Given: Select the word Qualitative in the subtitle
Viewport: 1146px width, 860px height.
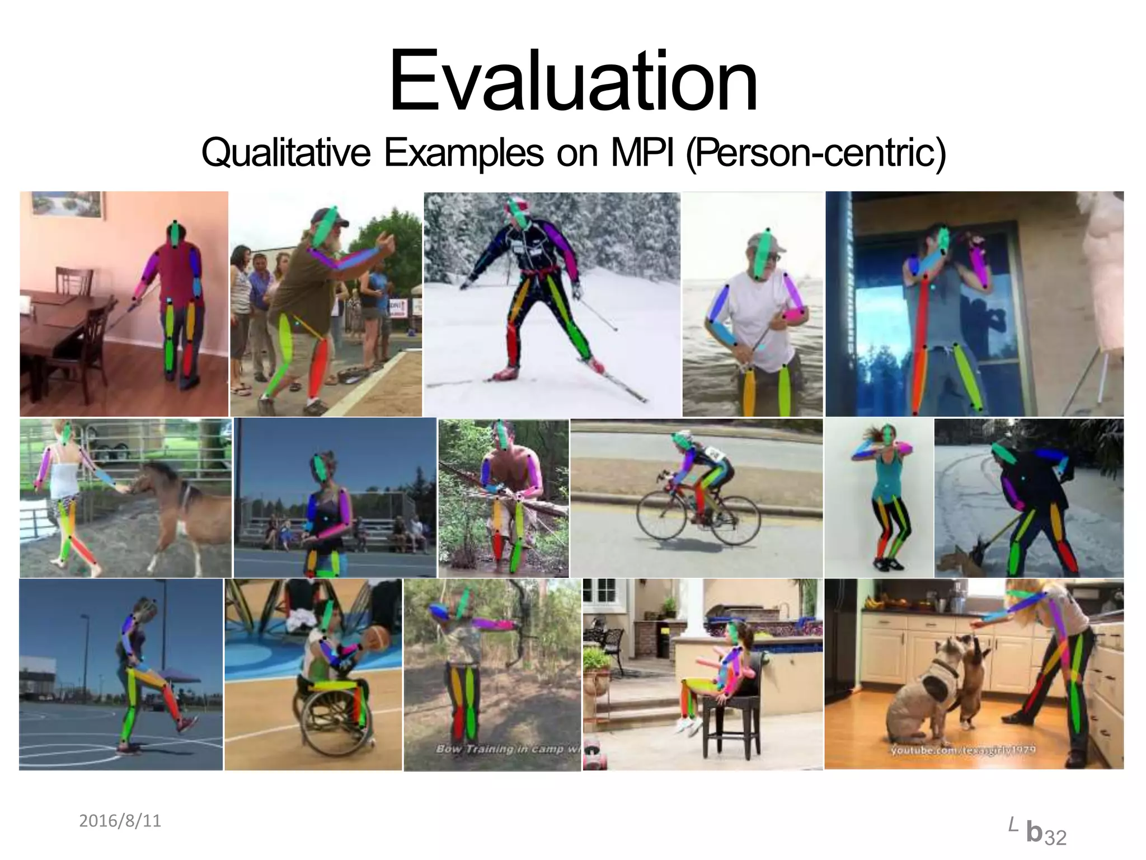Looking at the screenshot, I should pyautogui.click(x=285, y=152).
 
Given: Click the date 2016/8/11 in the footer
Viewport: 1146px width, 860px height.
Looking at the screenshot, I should pyautogui.click(x=120, y=821).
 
